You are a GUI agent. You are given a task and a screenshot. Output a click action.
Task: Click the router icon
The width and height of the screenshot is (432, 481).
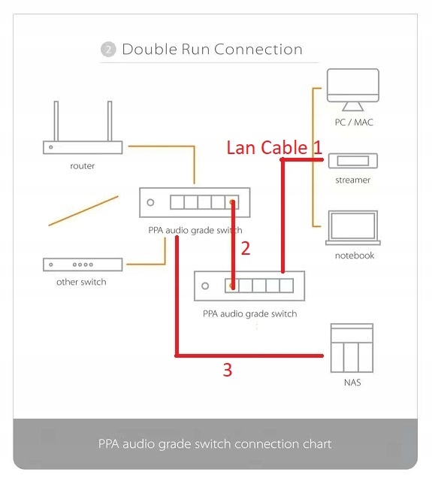pyautogui.click(x=83, y=147)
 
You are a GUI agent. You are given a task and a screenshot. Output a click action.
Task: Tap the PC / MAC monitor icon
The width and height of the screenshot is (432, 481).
pyautogui.click(x=353, y=89)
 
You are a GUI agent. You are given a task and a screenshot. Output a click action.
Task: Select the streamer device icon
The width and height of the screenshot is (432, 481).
pyautogui.click(x=353, y=161)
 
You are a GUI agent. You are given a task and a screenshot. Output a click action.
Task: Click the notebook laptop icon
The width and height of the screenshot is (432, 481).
pyautogui.click(x=353, y=228)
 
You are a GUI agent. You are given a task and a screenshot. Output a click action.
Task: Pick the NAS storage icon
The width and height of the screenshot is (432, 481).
pyautogui.click(x=352, y=348)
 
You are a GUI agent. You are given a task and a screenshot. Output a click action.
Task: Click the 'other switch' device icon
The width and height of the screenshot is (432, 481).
pyautogui.click(x=83, y=265)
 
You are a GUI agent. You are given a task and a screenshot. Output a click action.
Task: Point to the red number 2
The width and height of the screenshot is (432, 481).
pyautogui.click(x=246, y=249)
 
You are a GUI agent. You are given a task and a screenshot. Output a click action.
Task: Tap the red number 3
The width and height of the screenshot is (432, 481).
pyautogui.click(x=227, y=370)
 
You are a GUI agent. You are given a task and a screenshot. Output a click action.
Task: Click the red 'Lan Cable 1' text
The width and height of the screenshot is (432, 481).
pyautogui.click(x=274, y=147)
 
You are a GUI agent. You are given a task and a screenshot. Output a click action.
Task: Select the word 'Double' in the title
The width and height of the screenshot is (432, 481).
pyautogui.click(x=150, y=49)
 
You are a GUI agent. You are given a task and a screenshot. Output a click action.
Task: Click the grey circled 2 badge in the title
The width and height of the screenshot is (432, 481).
pyautogui.click(x=108, y=50)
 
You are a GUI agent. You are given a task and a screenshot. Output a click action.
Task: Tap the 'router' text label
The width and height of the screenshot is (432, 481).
pyautogui.click(x=82, y=166)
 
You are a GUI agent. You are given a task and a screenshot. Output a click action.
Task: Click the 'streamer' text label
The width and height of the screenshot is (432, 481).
pyautogui.click(x=353, y=180)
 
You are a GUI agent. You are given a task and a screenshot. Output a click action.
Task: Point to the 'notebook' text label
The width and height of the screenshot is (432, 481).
pyautogui.click(x=355, y=256)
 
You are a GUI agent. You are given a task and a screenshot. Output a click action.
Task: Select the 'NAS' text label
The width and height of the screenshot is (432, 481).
pyautogui.click(x=352, y=383)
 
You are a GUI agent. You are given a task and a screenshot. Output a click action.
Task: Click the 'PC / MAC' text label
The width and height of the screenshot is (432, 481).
pyautogui.click(x=354, y=123)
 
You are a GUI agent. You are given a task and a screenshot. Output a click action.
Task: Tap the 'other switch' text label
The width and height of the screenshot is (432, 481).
pyautogui.click(x=81, y=282)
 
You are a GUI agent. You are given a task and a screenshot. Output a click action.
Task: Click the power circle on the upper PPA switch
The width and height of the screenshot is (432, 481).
pyautogui.click(x=150, y=202)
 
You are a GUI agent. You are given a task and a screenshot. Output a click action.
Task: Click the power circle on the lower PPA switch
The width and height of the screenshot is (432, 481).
pyautogui.click(x=205, y=286)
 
